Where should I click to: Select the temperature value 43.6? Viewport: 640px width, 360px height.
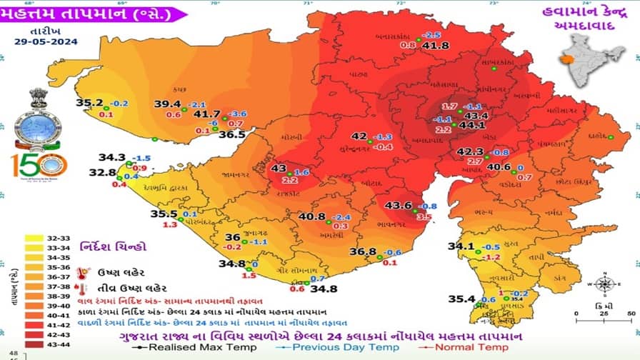point(398,206)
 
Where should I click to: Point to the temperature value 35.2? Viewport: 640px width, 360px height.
point(91,103)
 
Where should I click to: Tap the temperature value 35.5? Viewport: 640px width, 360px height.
point(164,214)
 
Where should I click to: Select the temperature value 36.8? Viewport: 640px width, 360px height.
point(363,252)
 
